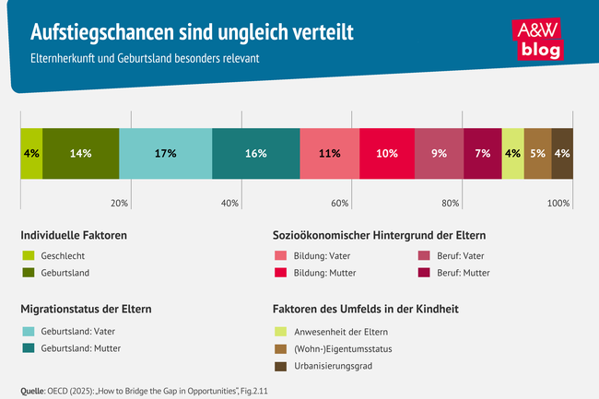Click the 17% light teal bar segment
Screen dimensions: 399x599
tap(165, 153)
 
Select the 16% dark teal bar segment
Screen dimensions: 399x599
tap(255, 153)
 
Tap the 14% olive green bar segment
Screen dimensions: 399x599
tap(80, 153)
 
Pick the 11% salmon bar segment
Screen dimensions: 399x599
tap(329, 153)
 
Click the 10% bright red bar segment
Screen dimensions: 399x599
tap(387, 153)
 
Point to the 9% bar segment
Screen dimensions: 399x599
tap(439, 153)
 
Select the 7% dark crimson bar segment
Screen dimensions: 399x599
tap(482, 153)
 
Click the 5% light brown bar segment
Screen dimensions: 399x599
tap(537, 153)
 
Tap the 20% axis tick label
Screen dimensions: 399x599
tap(119, 203)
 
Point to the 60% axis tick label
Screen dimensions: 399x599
tap(339, 203)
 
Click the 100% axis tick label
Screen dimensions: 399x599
tap(558, 203)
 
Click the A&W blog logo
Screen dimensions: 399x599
tap(534, 38)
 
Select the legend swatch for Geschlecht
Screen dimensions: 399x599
tap(28, 255)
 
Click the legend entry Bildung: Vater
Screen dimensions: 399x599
tap(323, 255)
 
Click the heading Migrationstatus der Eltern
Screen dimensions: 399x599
tap(86, 309)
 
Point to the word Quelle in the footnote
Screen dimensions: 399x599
tap(31, 390)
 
